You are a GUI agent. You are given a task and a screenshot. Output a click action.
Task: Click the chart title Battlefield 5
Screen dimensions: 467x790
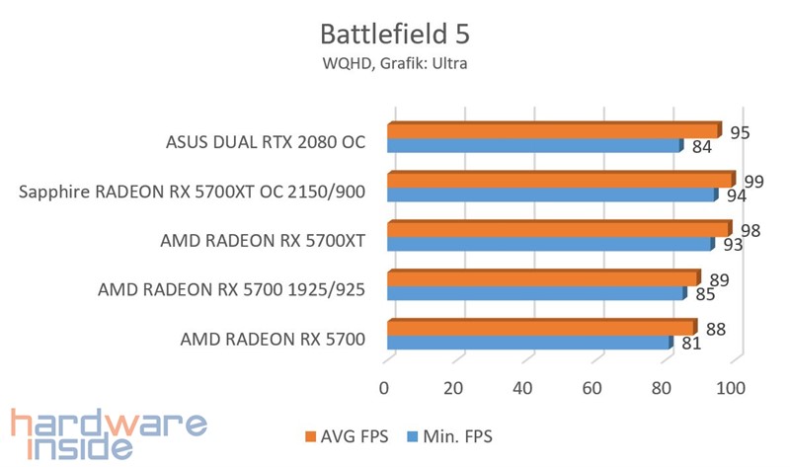tap(395, 36)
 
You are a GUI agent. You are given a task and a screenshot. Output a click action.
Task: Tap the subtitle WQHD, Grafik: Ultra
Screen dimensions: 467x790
tap(395, 65)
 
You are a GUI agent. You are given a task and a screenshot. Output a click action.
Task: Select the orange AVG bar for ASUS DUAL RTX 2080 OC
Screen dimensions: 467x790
tap(553, 131)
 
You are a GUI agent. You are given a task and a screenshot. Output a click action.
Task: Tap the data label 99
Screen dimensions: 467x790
tap(755, 181)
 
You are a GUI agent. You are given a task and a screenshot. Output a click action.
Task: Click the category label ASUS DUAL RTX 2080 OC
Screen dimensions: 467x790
tap(266, 141)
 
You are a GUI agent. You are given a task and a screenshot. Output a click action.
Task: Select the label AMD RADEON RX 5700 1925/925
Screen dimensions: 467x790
tap(231, 289)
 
